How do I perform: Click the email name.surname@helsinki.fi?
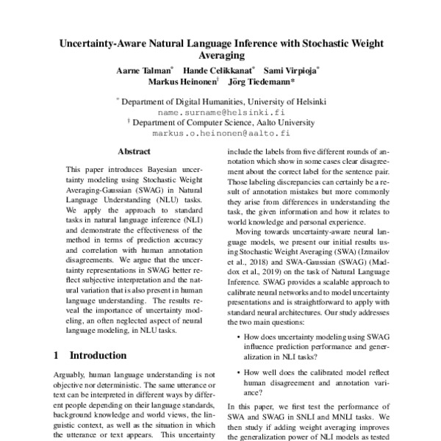pos(220,112)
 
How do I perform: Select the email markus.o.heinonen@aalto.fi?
pos(221,135)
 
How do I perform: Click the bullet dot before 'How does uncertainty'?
pos(235,337)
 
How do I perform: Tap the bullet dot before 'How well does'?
pos(235,372)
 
